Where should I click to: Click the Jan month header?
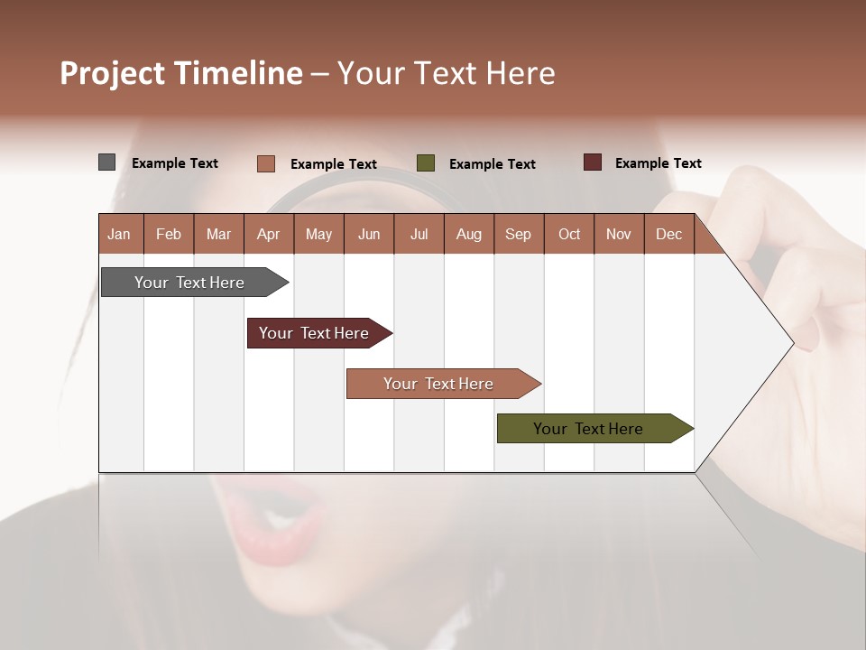(x=119, y=235)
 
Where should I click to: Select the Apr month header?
(x=268, y=235)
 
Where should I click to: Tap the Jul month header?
(x=419, y=235)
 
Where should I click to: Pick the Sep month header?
(x=518, y=235)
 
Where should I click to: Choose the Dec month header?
(x=668, y=235)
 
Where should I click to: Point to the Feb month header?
(x=169, y=235)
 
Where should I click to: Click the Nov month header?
(x=618, y=235)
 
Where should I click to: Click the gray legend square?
(x=106, y=162)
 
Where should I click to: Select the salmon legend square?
(x=265, y=163)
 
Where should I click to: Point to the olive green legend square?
(x=426, y=163)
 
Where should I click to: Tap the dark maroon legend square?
(x=592, y=162)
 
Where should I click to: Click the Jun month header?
(x=369, y=235)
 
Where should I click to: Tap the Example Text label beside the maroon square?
(x=658, y=163)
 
